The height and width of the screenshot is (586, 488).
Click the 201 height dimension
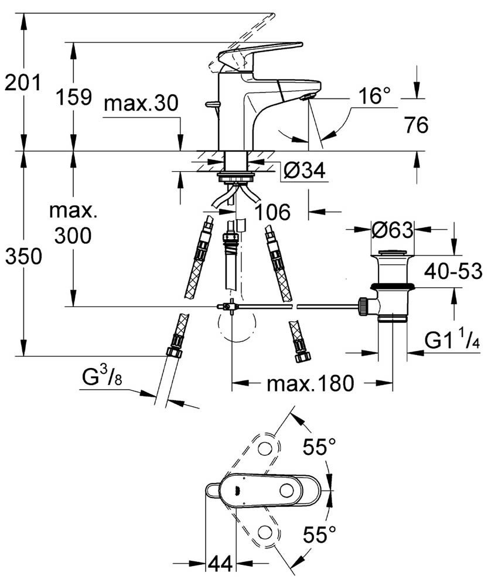pos(22,83)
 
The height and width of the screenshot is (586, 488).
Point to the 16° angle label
pos(374,95)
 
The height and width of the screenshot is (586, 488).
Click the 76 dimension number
pos(416,124)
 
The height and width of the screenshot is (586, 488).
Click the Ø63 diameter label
pos(393,229)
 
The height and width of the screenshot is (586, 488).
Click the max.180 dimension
pos(310,384)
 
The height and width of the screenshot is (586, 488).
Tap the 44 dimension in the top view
pos(220,564)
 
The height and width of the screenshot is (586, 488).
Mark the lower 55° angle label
pos(319,534)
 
